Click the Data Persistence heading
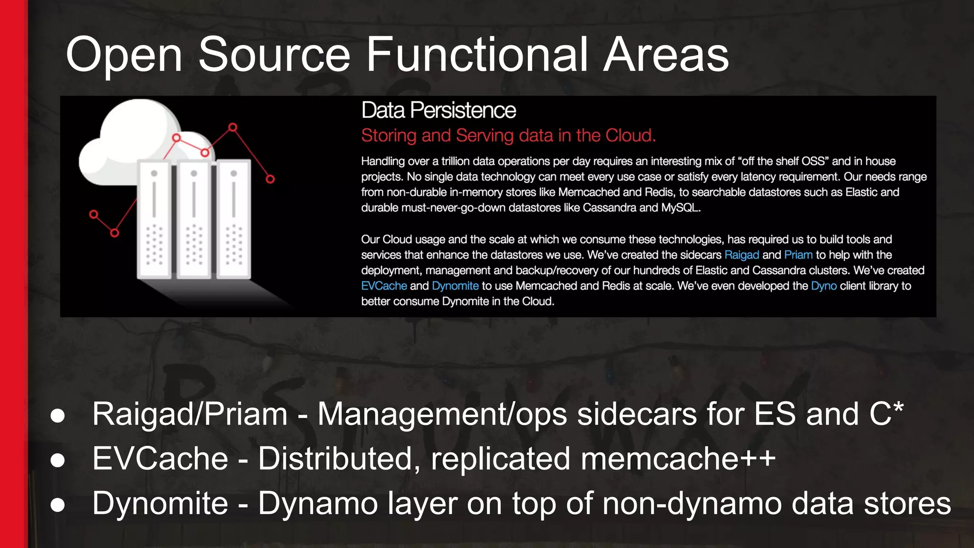[438, 110]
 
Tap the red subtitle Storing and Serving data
[508, 136]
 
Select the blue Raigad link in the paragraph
[741, 255]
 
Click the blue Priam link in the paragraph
[798, 255]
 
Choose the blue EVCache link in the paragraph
[384, 286]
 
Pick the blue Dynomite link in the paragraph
[455, 286]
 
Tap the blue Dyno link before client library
[824, 286]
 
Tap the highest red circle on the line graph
[233, 127]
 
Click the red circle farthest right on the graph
[270, 179]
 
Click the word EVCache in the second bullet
[160, 459]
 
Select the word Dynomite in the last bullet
[160, 503]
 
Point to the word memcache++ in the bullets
[678, 459]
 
